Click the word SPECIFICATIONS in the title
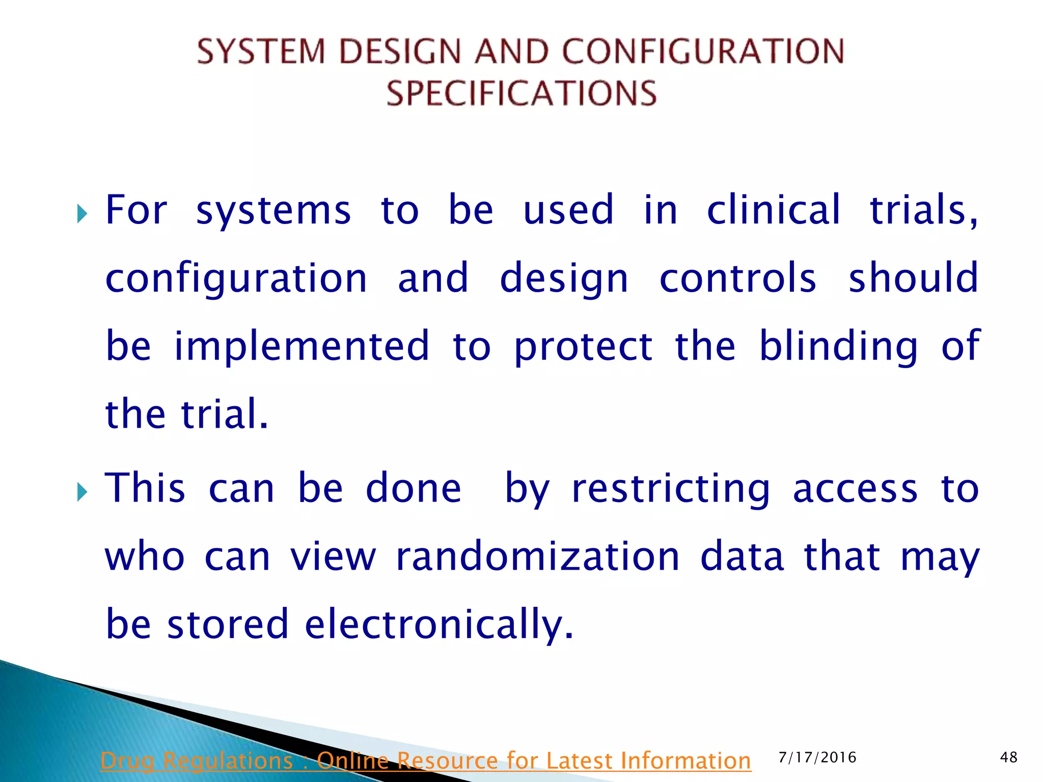pos(521,93)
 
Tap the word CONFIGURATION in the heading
pos(703,51)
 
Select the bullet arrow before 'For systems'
pos(82,214)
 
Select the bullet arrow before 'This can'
pos(82,492)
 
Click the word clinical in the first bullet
pos(773,210)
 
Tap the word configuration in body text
pos(236,279)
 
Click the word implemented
pos(301,346)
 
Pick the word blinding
pos(838,347)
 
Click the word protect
pos(583,347)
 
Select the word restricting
pos(671,489)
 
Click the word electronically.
pos(439,624)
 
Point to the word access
pos(855,489)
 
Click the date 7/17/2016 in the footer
pos(817,758)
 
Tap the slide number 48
pos(1008,758)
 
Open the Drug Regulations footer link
pos(425,761)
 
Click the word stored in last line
pos(228,624)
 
